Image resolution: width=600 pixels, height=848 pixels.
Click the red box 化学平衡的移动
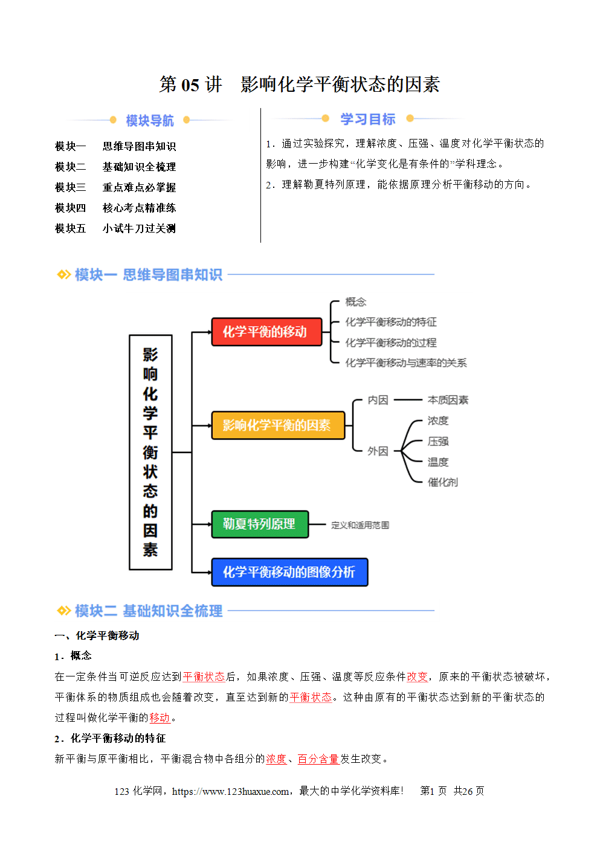pyautogui.click(x=266, y=332)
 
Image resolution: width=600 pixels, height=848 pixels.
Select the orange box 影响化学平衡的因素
pyautogui.click(x=278, y=425)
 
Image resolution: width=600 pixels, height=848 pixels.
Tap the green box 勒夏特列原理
pyautogui.click(x=260, y=524)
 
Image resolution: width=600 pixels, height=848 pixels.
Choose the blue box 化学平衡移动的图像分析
pyautogui.click(x=289, y=572)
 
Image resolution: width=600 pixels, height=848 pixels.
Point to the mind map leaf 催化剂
pyautogui.click(x=442, y=482)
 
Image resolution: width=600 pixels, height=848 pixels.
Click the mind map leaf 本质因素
pyautogui.click(x=448, y=400)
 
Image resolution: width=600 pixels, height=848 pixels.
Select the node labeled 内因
pyautogui.click(x=378, y=400)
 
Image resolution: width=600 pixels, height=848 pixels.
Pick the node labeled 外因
pyautogui.click(x=378, y=451)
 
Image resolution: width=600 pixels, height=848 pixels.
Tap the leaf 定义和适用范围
pyautogui.click(x=360, y=525)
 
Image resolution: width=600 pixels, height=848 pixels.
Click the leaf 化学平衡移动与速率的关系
pyautogui.click(x=405, y=362)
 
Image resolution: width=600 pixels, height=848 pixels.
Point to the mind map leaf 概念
pyautogui.click(x=356, y=302)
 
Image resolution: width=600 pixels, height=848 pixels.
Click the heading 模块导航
pyautogui.click(x=150, y=120)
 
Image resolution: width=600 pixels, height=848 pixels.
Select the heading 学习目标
pyautogui.click(x=367, y=119)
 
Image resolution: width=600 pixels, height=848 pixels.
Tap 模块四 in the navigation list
pyautogui.click(x=71, y=208)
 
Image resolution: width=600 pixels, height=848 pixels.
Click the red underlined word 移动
pyautogui.click(x=160, y=718)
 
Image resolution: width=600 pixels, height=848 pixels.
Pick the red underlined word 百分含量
pyautogui.click(x=318, y=759)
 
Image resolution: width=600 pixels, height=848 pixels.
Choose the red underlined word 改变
pyautogui.click(x=417, y=676)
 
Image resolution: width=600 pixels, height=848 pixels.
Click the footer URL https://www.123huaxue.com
pyautogui.click(x=230, y=791)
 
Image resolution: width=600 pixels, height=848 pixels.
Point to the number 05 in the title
pyautogui.click(x=190, y=85)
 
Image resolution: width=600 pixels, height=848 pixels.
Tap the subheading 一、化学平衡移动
pyautogui.click(x=97, y=635)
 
